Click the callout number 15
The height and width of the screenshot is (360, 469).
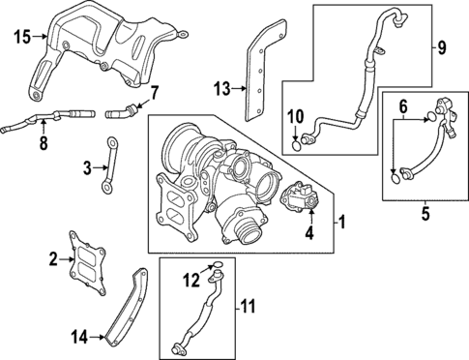[22, 38]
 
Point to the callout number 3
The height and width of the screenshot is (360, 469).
[87, 168]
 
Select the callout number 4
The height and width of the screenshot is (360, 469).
[310, 233]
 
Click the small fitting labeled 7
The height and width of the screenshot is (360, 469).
[124, 104]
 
